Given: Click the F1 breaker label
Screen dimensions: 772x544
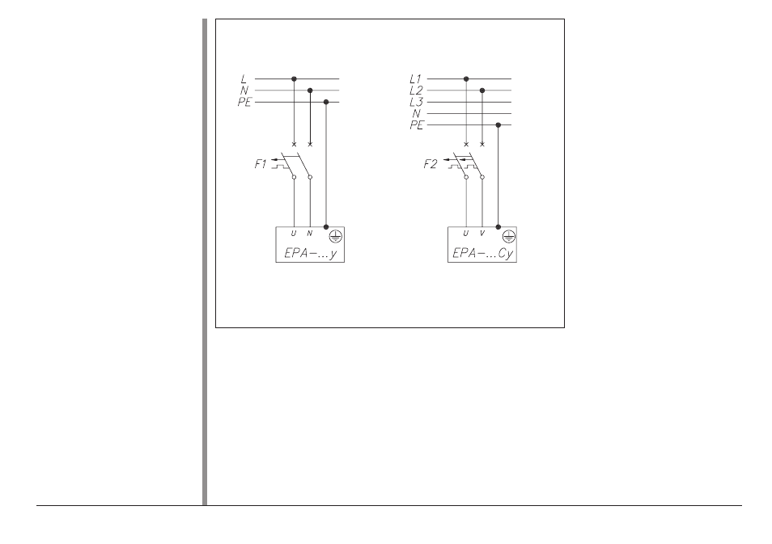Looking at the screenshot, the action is point(261,164).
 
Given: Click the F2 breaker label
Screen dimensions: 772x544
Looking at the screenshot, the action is point(430,164).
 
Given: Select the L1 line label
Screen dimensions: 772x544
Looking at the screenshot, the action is point(416,78).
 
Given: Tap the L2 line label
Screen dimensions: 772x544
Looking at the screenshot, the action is point(416,91).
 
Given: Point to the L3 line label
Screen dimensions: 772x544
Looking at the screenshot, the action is point(416,103).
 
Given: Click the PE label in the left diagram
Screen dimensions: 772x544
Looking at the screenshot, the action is point(244,103).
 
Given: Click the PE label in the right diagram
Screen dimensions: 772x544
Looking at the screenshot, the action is point(417,125).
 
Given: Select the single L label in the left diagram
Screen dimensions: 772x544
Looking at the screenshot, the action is point(244,78).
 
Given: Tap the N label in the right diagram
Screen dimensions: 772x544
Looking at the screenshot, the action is point(417,114).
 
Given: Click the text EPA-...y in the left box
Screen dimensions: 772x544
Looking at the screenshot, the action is point(310,253).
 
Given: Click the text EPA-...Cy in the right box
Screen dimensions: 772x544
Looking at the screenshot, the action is point(482,253).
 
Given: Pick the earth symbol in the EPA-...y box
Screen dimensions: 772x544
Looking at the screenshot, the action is point(335,237).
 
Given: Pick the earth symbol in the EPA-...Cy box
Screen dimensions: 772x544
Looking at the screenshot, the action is point(508,237).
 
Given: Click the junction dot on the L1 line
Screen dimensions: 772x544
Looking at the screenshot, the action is point(466,78).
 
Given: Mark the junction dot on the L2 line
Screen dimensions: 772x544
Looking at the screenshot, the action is point(482,91).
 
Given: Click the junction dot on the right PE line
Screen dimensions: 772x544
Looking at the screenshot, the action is point(498,125).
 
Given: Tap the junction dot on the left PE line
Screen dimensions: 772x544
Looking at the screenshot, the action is point(326,102).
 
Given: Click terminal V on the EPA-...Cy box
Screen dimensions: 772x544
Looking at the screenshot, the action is point(482,233).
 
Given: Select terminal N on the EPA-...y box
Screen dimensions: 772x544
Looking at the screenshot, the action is point(309,233).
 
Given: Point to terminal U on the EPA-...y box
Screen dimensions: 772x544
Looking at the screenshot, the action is point(294,233).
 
